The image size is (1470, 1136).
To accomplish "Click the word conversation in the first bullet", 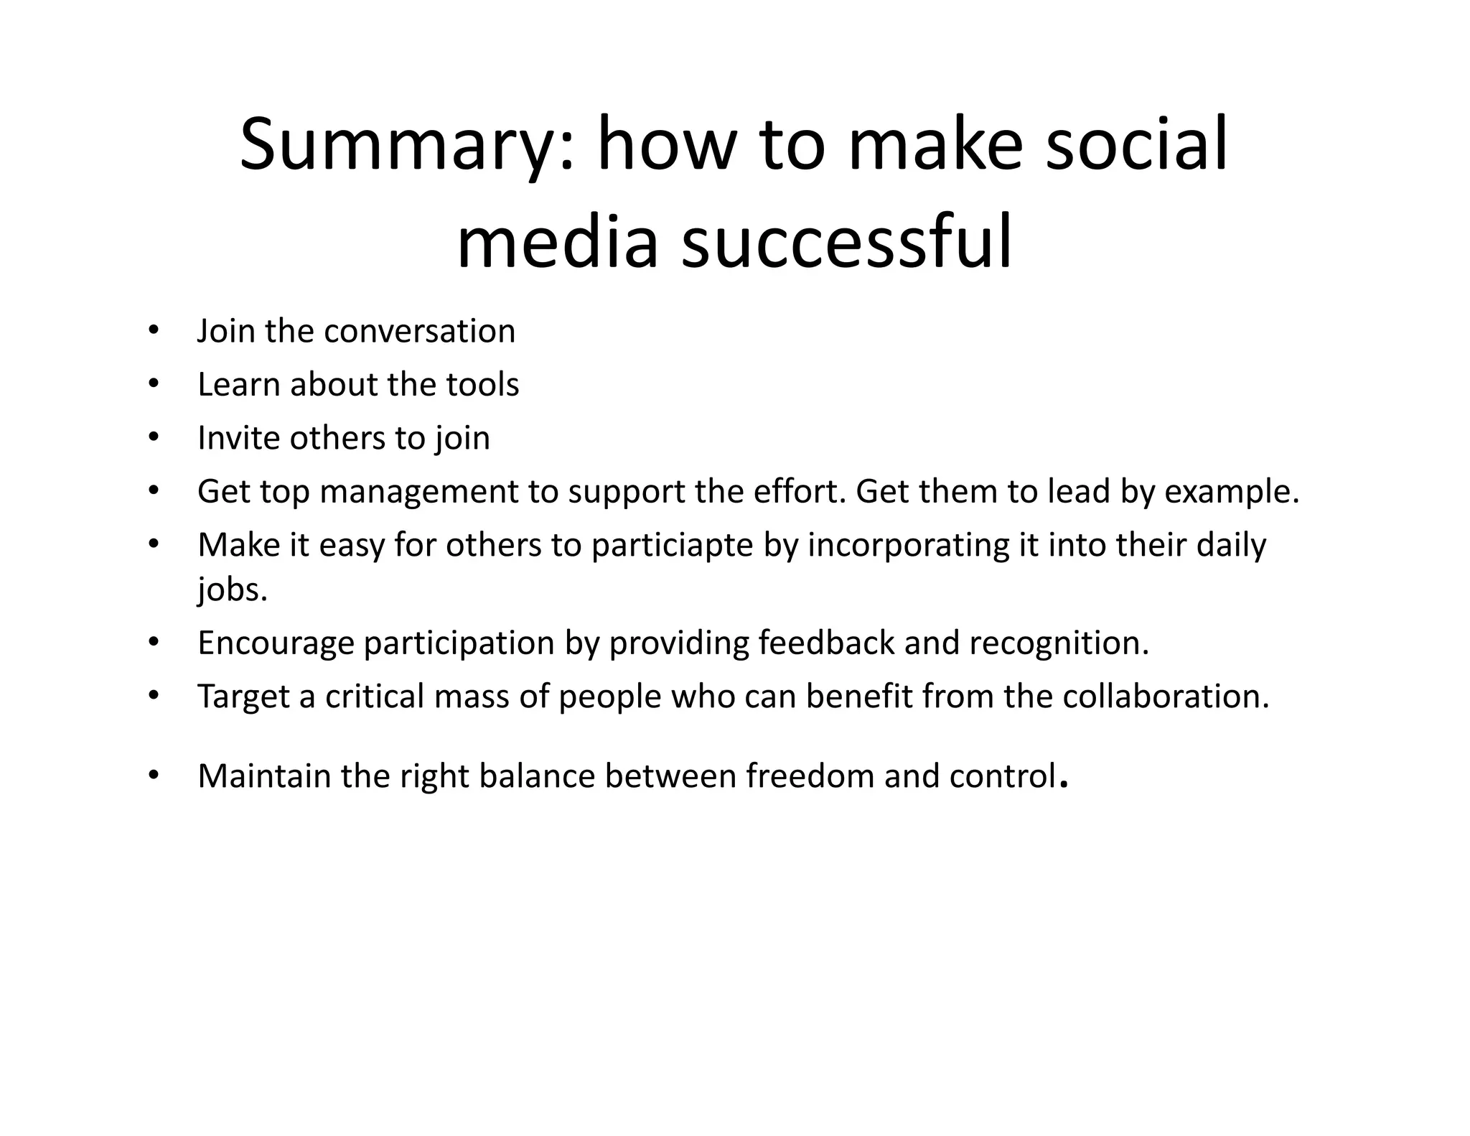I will click(420, 331).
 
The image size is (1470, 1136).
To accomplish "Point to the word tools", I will click(482, 384).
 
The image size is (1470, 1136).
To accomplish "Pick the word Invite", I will click(239, 438).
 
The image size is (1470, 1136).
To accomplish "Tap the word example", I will click(1232, 493).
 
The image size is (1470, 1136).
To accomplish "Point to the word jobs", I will click(232, 590).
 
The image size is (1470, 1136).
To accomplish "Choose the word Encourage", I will click(276, 643).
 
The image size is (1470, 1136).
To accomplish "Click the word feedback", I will click(826, 643).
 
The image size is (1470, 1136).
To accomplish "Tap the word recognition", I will click(1059, 643).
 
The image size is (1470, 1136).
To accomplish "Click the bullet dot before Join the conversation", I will click(153, 331).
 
